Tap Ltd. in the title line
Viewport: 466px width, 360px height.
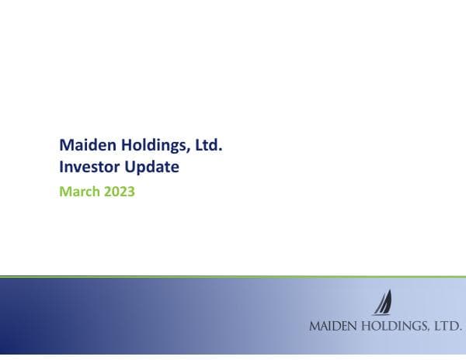click(209, 145)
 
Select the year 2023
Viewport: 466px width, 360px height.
click(120, 192)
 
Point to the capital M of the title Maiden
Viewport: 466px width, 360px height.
click(66, 145)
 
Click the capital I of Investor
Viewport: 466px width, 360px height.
click(61, 166)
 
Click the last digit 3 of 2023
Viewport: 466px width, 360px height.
click(131, 192)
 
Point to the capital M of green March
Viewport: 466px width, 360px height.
click(65, 192)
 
